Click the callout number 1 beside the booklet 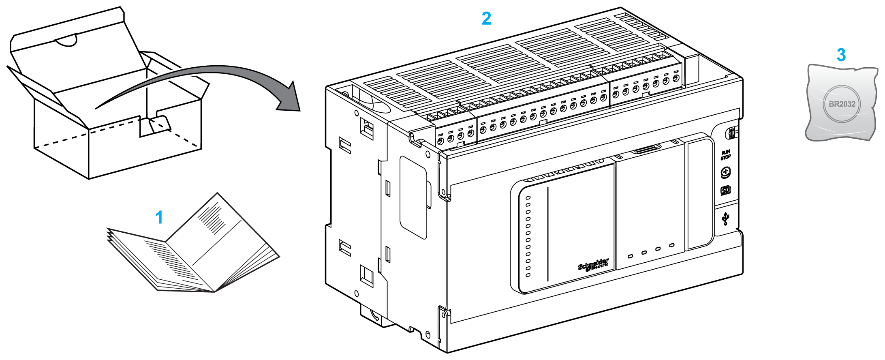(159, 218)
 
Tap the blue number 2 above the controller (486, 19)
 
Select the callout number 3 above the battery (841, 55)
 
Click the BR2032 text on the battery (842, 104)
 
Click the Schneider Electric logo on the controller (594, 264)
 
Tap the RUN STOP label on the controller (725, 155)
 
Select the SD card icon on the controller (725, 191)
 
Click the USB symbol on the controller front (726, 219)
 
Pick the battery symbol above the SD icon (725, 172)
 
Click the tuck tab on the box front (159, 124)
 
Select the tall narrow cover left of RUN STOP (699, 194)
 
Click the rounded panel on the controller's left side (413, 197)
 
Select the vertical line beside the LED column (548, 234)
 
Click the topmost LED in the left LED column (528, 198)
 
